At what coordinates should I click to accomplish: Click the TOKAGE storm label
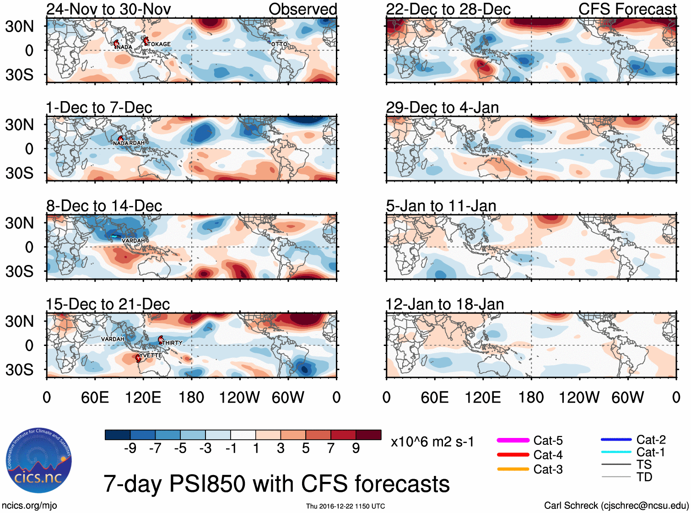click(159, 44)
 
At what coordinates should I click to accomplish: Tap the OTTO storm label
click(279, 44)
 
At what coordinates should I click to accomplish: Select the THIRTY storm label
click(173, 343)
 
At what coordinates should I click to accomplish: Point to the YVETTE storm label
click(151, 356)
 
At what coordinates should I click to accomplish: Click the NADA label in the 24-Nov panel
click(124, 47)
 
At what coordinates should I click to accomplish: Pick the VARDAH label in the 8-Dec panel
click(133, 241)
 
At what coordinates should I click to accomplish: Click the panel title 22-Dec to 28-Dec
click(448, 9)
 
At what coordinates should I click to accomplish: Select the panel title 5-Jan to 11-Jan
click(441, 206)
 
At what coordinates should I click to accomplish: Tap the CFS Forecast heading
click(627, 9)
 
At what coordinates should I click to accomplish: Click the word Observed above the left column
click(302, 9)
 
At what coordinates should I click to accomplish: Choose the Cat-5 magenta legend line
click(513, 440)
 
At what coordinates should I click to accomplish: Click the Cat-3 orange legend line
click(513, 469)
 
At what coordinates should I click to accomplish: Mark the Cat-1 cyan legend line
click(616, 452)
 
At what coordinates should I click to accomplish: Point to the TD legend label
click(644, 477)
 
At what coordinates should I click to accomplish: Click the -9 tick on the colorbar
click(130, 448)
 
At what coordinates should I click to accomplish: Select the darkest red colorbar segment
click(368, 435)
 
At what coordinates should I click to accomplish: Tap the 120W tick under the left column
click(239, 397)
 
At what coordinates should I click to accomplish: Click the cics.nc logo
click(39, 461)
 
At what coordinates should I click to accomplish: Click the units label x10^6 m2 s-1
click(432, 442)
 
